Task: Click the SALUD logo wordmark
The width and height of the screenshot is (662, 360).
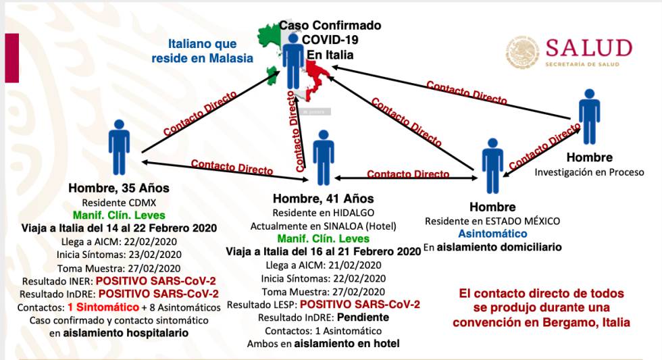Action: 588,49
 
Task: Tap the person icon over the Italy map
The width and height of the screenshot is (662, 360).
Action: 293,61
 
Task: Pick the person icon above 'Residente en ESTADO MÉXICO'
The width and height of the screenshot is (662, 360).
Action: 493,165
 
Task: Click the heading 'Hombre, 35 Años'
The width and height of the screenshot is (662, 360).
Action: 119,188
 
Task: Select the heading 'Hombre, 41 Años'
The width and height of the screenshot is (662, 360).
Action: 324,199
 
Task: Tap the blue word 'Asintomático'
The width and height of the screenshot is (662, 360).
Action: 492,234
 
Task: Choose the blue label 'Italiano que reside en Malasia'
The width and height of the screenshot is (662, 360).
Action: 203,51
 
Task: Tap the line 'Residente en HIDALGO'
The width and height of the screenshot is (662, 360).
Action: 324,212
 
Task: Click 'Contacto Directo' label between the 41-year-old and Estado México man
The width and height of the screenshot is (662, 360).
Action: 408,174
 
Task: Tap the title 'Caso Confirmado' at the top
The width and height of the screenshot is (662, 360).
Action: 330,26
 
